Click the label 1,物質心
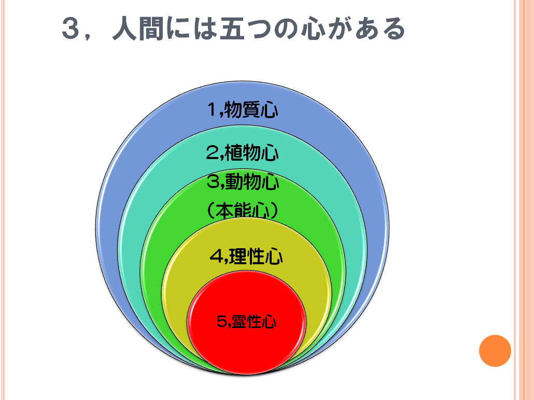(243, 110)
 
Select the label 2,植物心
(243, 153)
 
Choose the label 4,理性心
(246, 256)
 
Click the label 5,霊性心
(247, 322)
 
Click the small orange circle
(495, 351)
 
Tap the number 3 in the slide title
(72, 30)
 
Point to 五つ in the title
(244, 30)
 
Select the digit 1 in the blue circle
(213, 110)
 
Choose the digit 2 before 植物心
(212, 153)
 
